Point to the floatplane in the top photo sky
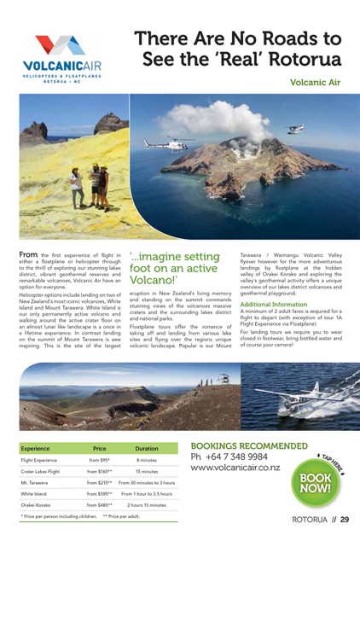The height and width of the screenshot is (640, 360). click(295, 129)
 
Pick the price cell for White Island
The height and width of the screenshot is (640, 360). click(99, 493)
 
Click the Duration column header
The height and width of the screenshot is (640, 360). click(147, 448)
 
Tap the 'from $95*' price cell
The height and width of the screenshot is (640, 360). click(99, 460)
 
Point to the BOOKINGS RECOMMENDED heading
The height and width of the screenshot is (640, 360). click(249, 445)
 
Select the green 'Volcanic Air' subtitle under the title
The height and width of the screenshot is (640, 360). click(315, 83)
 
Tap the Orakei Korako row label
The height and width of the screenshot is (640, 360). click(40, 504)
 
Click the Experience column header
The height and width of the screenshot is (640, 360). click(36, 448)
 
